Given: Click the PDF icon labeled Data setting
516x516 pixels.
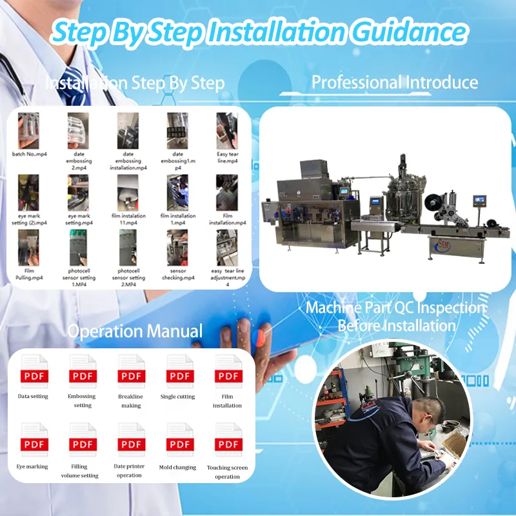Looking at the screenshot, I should tap(33, 372).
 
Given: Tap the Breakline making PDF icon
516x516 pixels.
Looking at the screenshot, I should tap(131, 372).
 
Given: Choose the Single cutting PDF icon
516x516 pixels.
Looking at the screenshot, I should tap(180, 372).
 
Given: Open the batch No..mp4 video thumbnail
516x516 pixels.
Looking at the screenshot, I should tap(29, 131).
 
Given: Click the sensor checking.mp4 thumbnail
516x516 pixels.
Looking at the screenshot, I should tap(177, 248).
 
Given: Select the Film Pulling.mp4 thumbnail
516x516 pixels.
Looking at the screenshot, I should tap(29, 248).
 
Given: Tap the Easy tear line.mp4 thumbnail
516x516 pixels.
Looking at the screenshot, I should tap(227, 131).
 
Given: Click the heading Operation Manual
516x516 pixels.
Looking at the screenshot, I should tap(135, 332).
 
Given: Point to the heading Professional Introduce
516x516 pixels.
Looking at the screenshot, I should tap(395, 83).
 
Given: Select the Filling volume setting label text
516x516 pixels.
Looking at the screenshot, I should tap(83, 471).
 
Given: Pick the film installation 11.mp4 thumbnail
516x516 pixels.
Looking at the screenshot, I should tap(128, 192).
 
